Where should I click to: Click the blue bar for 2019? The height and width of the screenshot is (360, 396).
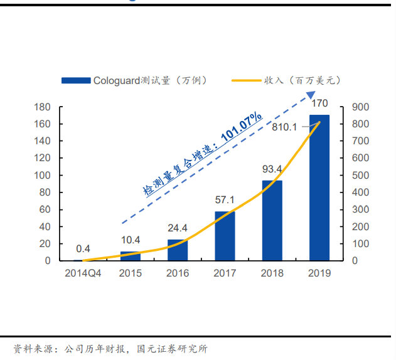tap(319, 188)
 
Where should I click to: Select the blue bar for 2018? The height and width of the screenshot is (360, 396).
tap(272, 221)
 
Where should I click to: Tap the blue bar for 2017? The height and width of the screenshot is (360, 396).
tap(225, 236)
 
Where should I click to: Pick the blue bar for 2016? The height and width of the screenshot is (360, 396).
tap(178, 250)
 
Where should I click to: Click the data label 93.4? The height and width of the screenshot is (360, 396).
tap(272, 169)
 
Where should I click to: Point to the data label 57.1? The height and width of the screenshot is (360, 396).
tap(225, 201)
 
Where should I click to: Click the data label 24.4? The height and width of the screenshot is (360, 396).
tap(178, 229)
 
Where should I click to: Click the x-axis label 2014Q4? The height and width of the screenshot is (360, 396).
tap(83, 273)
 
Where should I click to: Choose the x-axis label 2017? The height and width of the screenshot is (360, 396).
tap(225, 273)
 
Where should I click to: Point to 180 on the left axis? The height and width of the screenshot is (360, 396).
tap(42, 107)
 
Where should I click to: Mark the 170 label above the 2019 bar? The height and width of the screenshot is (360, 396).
tap(319, 103)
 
